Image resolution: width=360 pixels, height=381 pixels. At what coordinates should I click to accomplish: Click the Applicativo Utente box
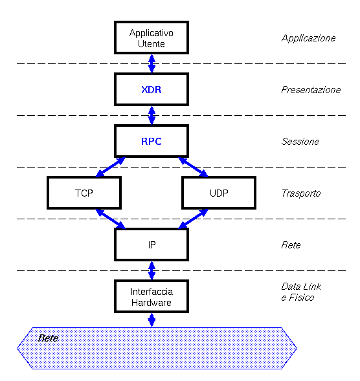[x=152, y=38]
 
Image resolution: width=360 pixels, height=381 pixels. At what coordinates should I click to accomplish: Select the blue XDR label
[x=152, y=90]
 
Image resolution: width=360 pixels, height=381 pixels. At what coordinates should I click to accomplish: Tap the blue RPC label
[x=152, y=142]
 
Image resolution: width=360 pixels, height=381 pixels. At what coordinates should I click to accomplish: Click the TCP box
[x=84, y=193]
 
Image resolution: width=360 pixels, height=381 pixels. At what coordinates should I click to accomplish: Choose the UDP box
[x=219, y=193]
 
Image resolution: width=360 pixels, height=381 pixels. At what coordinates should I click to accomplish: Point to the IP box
[x=152, y=245]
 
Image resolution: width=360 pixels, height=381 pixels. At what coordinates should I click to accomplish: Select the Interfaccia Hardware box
[x=152, y=296]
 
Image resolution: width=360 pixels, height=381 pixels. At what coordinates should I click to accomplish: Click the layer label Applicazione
[x=308, y=38]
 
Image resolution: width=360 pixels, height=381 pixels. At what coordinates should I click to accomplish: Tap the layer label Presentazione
[x=311, y=90]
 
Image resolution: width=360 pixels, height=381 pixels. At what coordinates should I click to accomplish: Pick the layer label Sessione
[x=300, y=142]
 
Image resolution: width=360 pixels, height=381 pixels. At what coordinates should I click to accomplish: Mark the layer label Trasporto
[x=301, y=193]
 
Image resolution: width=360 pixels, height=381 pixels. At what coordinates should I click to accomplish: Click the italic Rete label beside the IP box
[x=291, y=245]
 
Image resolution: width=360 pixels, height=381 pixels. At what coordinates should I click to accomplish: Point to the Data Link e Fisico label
[x=301, y=292]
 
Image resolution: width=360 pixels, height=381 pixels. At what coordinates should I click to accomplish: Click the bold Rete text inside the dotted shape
[x=48, y=338]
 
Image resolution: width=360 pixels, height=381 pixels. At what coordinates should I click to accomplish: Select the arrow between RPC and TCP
[x=110, y=167]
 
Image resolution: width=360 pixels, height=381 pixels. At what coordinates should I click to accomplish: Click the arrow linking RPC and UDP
[x=194, y=167]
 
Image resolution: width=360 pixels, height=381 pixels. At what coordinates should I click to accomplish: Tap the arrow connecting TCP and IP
[x=111, y=219]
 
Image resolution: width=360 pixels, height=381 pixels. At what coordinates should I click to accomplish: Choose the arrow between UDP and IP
[x=193, y=219]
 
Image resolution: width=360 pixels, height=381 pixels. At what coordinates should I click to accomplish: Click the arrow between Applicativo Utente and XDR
[x=152, y=63]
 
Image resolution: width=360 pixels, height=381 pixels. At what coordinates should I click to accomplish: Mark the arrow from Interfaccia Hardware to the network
[x=152, y=320]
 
